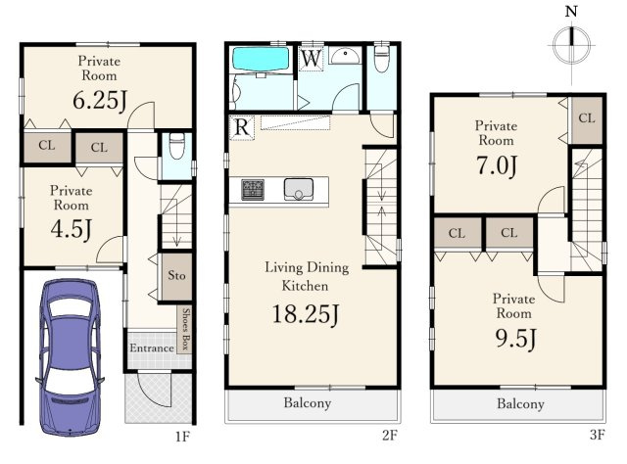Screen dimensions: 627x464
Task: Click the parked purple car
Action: tap(70, 357)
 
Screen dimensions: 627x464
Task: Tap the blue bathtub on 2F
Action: tap(261, 59)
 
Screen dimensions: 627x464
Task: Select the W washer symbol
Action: tap(312, 59)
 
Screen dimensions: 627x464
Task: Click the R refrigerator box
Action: tap(242, 128)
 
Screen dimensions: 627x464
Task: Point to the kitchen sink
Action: tap(298, 189)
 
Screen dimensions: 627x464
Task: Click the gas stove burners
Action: tap(253, 190)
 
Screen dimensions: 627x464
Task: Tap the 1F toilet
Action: tap(176, 146)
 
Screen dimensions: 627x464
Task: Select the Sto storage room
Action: tap(176, 276)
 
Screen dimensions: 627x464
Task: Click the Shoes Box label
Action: tap(185, 329)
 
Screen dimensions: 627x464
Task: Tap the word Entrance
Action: tap(152, 348)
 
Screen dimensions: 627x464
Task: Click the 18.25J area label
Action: tap(306, 314)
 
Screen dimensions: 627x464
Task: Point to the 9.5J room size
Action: tap(516, 339)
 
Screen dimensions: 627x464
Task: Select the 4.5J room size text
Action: tap(72, 229)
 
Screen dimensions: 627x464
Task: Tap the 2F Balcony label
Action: tap(307, 403)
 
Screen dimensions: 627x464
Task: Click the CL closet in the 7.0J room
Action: tap(587, 119)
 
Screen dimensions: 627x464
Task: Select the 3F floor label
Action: tap(597, 435)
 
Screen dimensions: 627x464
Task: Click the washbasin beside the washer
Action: tap(345, 56)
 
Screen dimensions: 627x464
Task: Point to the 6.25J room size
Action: tap(100, 100)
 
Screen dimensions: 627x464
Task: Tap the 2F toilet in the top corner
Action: tap(382, 59)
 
